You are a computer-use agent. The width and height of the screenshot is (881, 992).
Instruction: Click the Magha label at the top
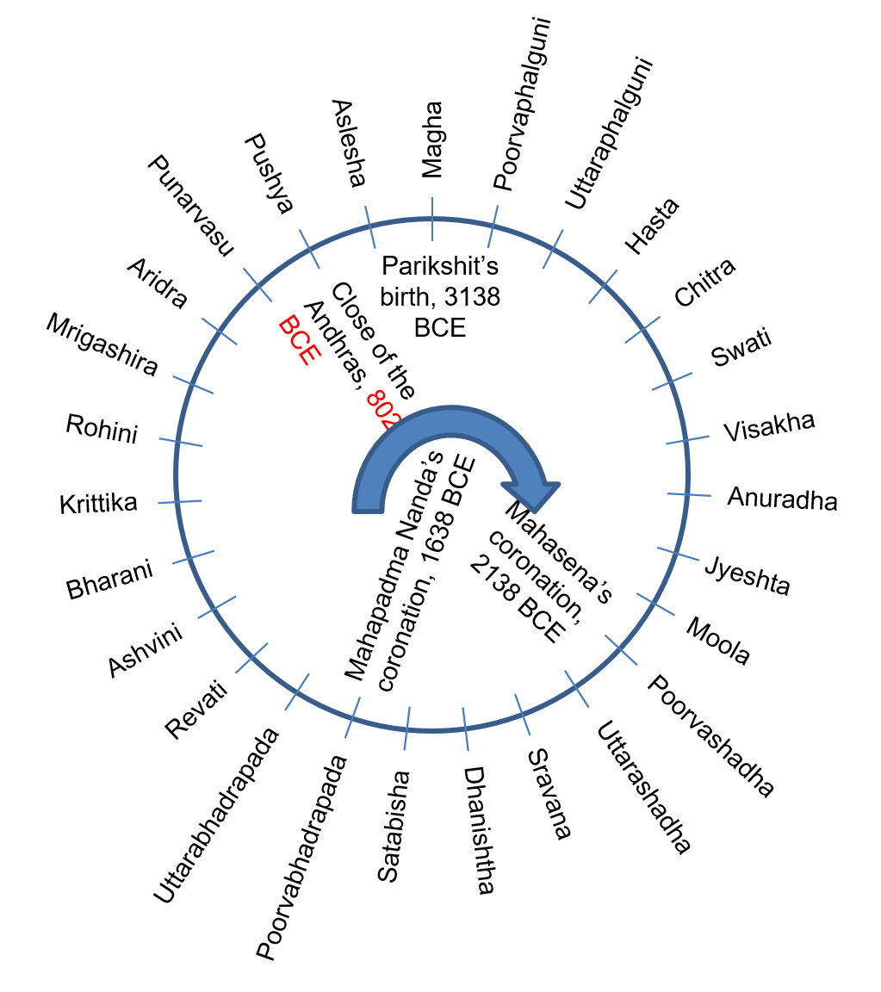pyautogui.click(x=431, y=139)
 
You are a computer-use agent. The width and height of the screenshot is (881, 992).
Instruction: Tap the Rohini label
pyautogui.click(x=102, y=428)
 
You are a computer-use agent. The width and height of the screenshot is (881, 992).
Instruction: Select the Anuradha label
pyautogui.click(x=782, y=498)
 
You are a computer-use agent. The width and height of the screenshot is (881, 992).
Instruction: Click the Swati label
pyautogui.click(x=741, y=349)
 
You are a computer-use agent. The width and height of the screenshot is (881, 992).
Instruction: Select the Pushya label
pyautogui.click(x=270, y=173)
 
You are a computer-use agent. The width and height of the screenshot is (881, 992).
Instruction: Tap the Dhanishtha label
pyautogui.click(x=479, y=831)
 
